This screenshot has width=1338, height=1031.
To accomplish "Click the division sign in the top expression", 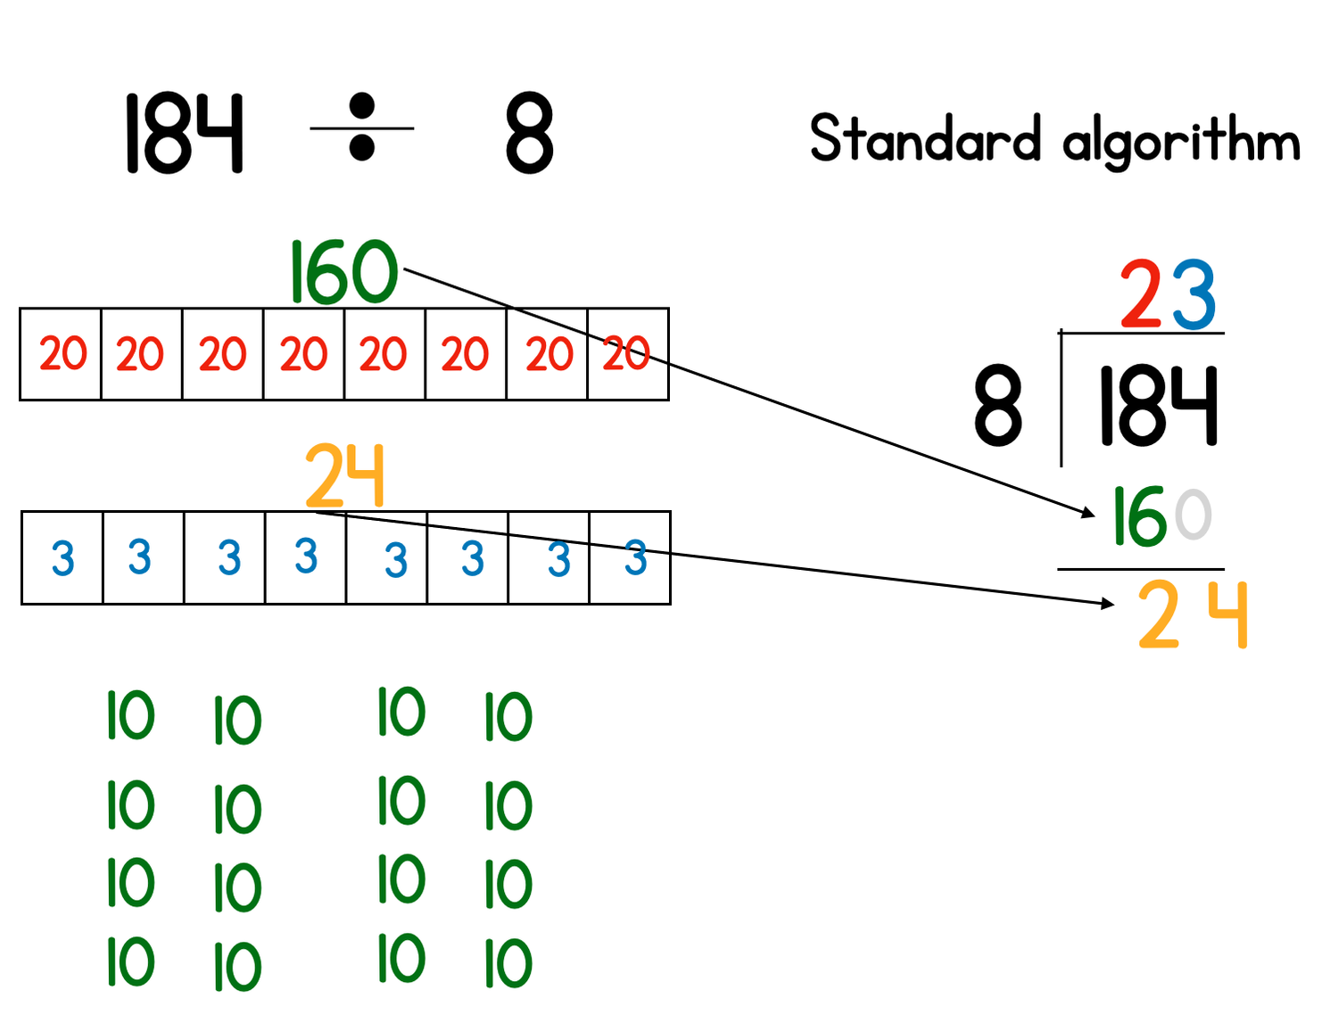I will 361,128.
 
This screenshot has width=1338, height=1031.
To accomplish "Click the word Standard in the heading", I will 925,138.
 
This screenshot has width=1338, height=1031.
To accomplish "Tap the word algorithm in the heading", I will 1181,141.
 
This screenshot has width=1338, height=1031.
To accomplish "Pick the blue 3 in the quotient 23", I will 1194,295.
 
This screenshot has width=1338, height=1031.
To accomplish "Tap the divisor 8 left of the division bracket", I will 997,405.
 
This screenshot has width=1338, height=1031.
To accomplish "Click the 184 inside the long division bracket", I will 1157,406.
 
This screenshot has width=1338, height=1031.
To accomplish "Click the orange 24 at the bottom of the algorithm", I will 1193,614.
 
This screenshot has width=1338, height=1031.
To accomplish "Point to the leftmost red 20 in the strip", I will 62,354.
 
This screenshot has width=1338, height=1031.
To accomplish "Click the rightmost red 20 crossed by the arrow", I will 626,354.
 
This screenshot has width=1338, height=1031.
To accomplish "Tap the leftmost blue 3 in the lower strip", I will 62,559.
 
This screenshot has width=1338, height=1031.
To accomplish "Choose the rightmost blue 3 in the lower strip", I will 635,557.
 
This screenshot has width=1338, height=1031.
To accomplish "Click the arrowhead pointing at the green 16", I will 1089,513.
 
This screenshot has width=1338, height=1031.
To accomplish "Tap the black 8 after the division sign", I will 529,133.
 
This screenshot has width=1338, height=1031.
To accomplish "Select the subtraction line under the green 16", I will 1141,569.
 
